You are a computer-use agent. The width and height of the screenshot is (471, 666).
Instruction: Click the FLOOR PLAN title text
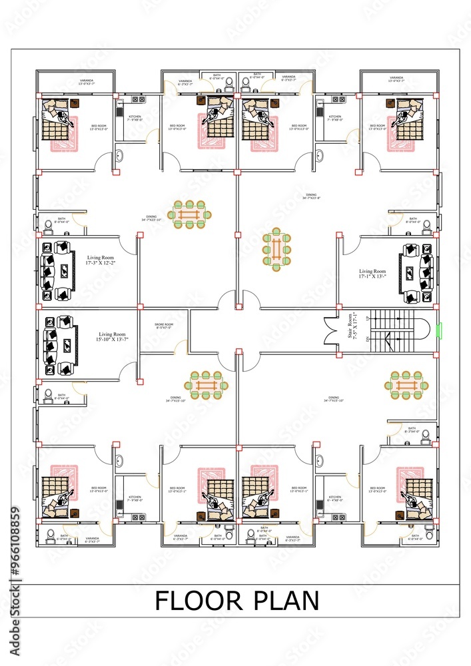point(236,601)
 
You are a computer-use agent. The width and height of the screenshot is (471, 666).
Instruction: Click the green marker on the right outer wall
point(438,330)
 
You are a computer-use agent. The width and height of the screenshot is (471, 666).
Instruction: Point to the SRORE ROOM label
point(163,326)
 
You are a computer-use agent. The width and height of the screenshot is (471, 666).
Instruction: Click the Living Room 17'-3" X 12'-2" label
point(102,260)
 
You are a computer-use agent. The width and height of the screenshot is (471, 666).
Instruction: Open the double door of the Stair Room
point(331,330)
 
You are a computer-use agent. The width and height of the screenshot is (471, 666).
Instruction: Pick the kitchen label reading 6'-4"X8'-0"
point(334,499)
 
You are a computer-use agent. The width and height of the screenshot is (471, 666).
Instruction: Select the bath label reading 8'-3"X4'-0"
point(412,430)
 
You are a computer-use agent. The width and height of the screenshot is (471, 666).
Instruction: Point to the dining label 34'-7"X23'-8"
point(311,196)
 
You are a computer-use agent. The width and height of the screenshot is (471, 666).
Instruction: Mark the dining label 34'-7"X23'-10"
point(151,218)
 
